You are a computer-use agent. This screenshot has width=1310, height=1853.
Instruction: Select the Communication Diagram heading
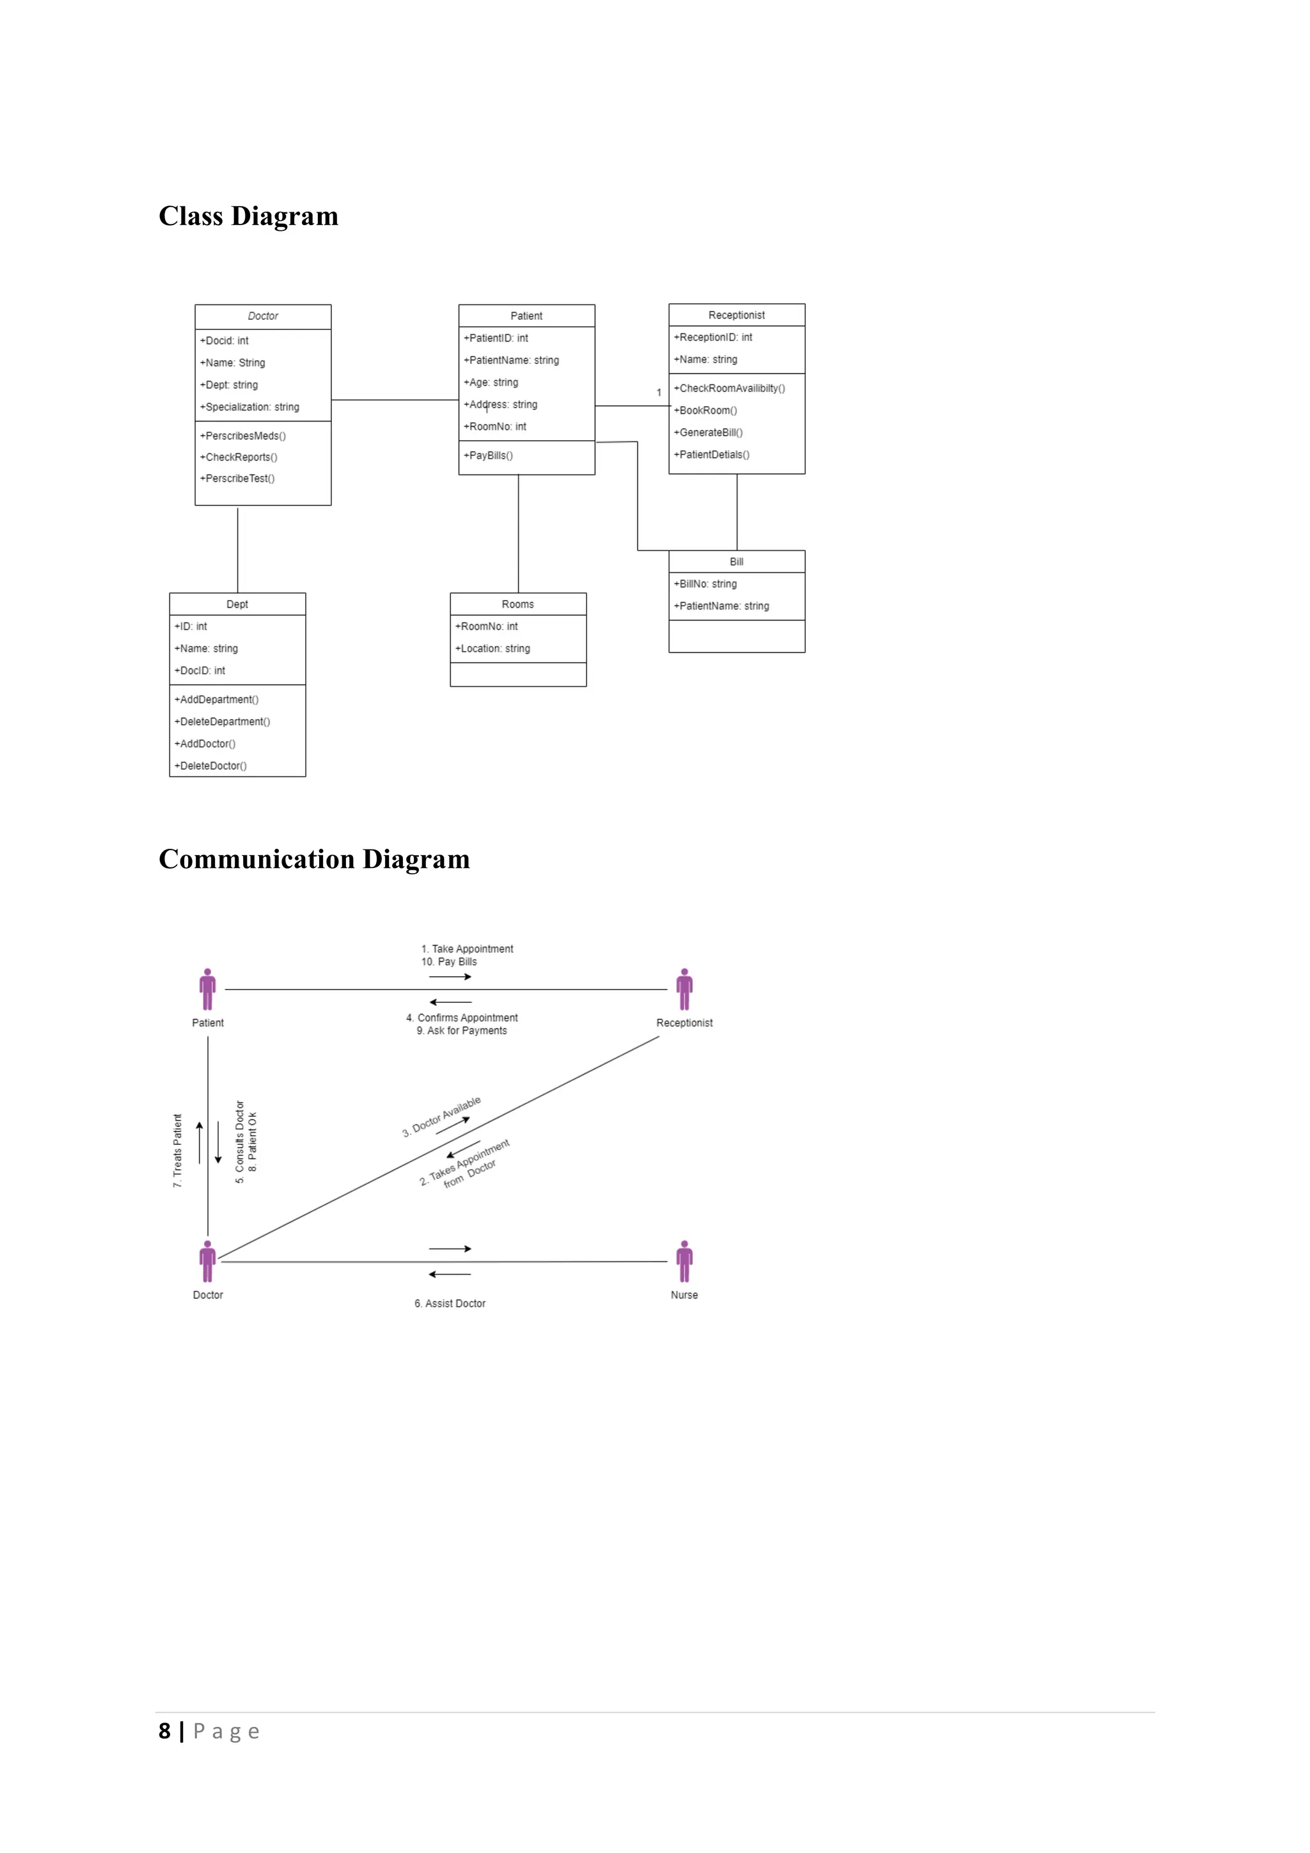(314, 859)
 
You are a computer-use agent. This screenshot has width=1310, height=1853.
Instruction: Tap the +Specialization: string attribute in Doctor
(249, 407)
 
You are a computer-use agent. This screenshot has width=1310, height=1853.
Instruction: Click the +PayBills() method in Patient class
(488, 455)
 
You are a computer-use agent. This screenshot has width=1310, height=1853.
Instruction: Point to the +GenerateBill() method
(708, 432)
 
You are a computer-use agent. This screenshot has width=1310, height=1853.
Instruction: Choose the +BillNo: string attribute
(705, 583)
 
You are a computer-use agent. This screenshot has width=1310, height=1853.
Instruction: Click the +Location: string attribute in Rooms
(493, 648)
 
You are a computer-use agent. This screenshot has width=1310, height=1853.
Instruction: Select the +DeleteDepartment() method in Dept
(222, 721)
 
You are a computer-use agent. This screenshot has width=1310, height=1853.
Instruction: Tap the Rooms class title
(517, 604)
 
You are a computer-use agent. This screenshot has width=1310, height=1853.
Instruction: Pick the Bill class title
(736, 562)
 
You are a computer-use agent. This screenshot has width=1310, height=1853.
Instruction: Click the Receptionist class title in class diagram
(736, 315)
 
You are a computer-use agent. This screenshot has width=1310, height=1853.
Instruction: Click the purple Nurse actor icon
(684, 1261)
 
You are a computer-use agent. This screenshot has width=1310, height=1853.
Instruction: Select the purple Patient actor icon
(207, 990)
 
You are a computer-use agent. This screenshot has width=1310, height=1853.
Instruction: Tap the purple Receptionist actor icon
(684, 990)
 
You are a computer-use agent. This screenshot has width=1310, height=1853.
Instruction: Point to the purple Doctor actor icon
(207, 1261)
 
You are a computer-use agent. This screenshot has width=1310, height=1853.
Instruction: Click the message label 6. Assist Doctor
(450, 1304)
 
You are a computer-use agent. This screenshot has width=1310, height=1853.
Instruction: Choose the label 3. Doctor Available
(441, 1117)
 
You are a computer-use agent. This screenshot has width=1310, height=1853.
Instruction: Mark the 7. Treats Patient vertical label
(178, 1150)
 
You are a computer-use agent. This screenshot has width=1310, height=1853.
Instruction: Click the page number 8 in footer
(164, 1731)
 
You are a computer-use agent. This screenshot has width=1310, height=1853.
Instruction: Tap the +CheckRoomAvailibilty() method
(729, 388)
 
